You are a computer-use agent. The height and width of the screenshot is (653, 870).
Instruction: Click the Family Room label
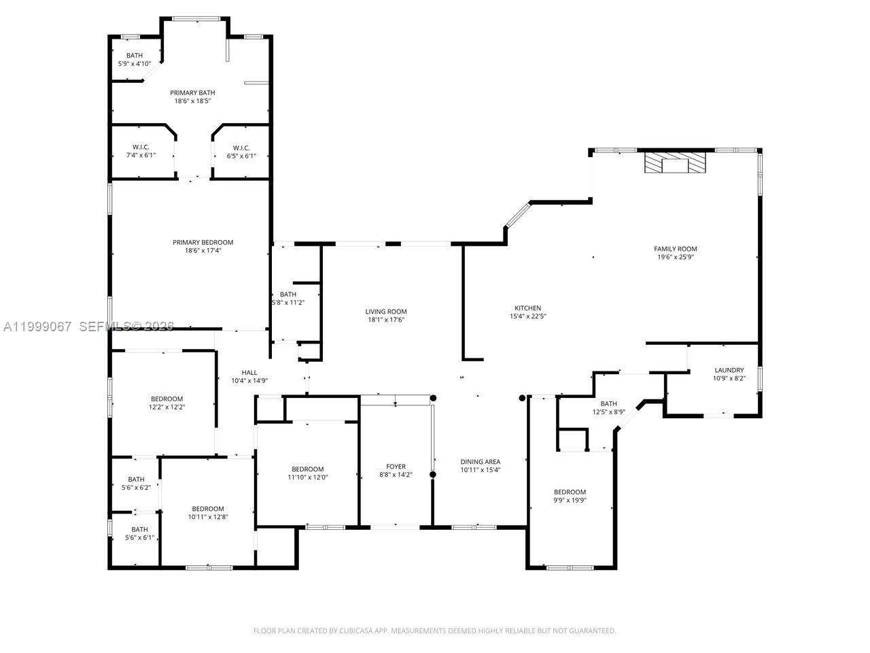675,249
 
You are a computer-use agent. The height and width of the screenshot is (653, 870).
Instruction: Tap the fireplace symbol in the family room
675,164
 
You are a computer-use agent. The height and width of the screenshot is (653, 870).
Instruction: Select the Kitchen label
527,308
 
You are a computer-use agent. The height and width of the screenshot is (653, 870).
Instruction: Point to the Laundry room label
729,370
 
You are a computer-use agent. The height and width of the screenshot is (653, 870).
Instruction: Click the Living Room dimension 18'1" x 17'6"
386,320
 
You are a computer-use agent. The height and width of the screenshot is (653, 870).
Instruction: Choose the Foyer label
396,467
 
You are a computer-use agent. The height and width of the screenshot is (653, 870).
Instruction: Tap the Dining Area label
480,462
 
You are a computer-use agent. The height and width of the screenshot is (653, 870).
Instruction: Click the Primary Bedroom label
203,242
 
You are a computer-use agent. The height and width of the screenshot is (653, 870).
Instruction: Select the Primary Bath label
192,93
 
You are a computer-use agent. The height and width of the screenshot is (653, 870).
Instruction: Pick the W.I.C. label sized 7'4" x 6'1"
141,148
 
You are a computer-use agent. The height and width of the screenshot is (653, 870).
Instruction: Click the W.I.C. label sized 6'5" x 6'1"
241,148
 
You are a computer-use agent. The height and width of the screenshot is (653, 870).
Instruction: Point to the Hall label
249,372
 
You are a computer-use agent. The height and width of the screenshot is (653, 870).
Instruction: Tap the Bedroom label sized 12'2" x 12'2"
167,399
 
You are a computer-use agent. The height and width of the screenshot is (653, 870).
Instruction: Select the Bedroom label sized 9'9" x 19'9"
569,492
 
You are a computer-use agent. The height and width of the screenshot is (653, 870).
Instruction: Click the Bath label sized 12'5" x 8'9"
608,403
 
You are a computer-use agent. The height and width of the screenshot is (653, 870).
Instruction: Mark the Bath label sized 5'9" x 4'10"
135,56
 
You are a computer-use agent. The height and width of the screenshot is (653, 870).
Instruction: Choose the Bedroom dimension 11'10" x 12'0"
307,478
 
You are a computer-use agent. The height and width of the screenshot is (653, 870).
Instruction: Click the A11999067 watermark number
37,326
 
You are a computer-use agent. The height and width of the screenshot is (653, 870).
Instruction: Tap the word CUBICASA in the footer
355,631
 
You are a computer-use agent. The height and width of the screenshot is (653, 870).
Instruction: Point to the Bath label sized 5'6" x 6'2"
136,480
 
